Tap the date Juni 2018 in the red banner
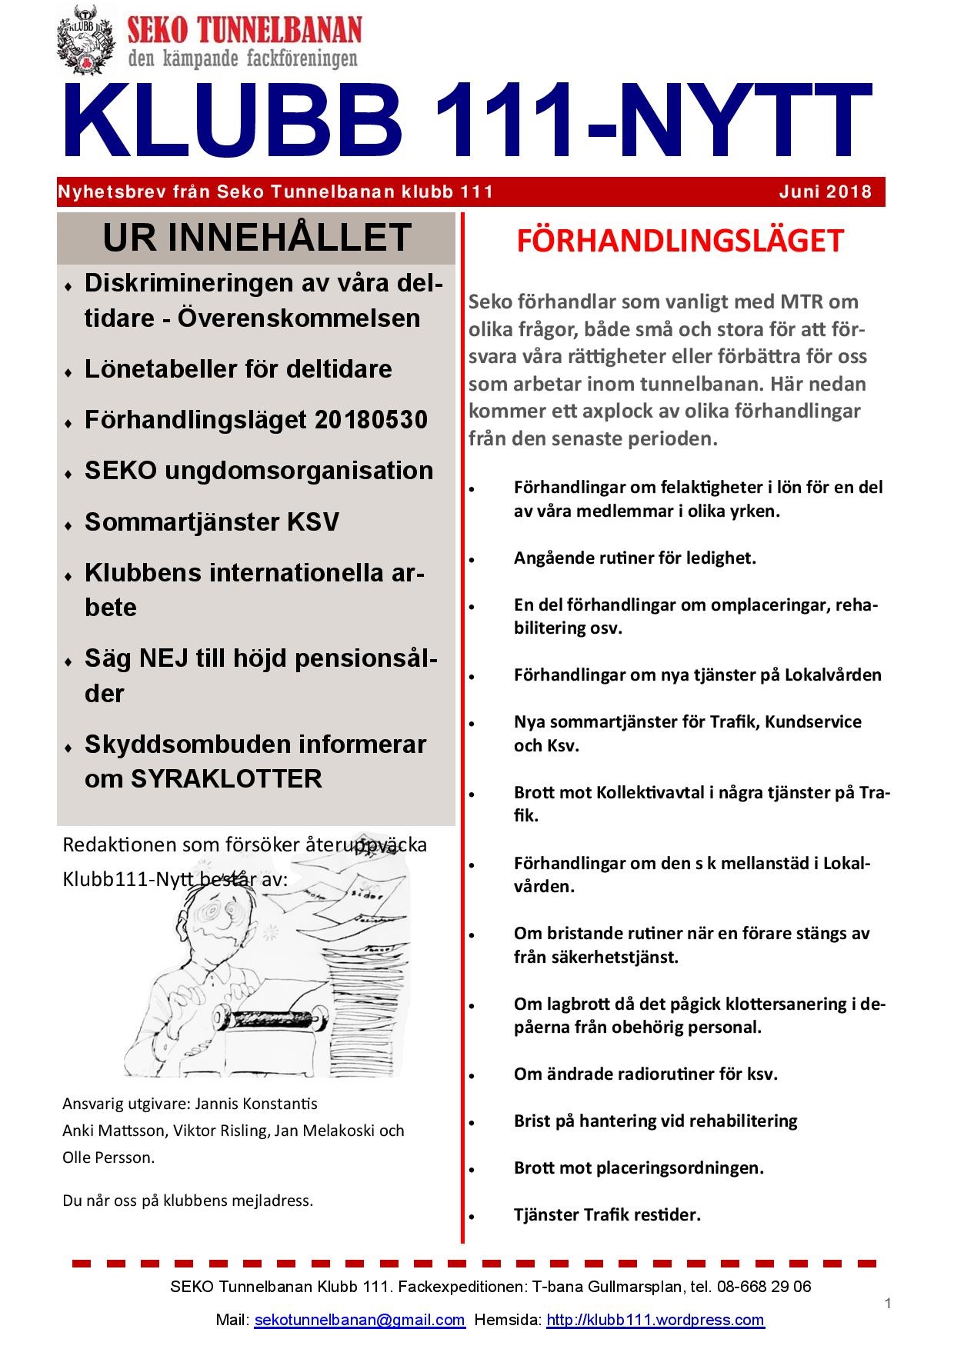825,192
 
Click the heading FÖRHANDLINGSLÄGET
679,241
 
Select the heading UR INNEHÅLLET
256,238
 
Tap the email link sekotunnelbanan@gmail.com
359,1320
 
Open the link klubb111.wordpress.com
655,1320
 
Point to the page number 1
889,1303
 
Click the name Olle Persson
108,1157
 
